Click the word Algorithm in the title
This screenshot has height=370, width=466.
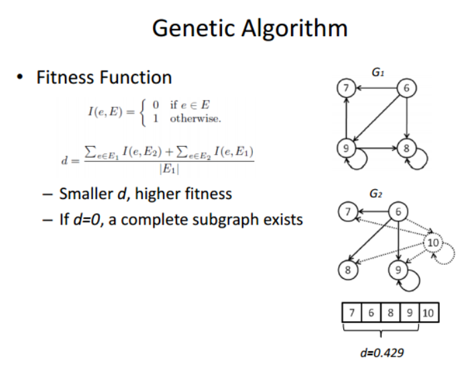pos(292,29)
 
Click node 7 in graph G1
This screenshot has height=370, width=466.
pos(345,88)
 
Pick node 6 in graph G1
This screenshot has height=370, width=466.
pos(406,88)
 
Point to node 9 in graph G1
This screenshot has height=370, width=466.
pos(345,148)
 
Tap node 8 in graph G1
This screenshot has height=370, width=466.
pos(406,148)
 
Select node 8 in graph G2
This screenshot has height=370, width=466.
pos(346,271)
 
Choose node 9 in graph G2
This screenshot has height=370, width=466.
pos(398,271)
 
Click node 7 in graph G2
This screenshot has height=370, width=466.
pos(346,212)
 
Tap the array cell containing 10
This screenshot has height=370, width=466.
pos(428,313)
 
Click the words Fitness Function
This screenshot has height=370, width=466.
pos(104,78)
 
